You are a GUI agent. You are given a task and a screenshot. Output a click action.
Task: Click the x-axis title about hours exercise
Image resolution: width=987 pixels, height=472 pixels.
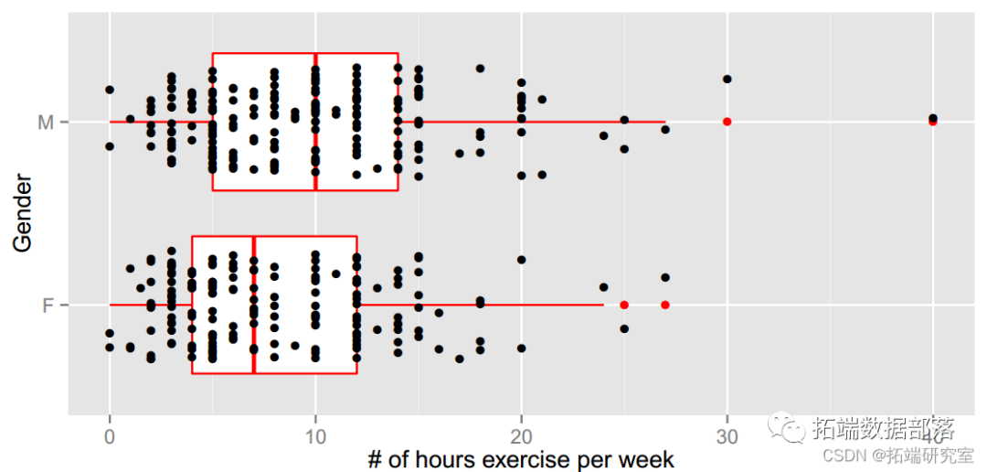(x=521, y=458)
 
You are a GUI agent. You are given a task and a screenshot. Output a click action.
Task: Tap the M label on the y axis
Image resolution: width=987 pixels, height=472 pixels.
(x=47, y=123)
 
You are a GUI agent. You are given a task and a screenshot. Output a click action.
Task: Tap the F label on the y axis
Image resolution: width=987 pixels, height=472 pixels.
(x=48, y=305)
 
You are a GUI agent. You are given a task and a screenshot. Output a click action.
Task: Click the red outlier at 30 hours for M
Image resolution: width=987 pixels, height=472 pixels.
(x=727, y=122)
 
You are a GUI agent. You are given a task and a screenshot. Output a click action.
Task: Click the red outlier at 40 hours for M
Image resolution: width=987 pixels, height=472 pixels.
(x=933, y=122)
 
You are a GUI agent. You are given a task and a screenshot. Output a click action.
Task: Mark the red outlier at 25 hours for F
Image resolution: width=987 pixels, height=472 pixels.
(x=624, y=305)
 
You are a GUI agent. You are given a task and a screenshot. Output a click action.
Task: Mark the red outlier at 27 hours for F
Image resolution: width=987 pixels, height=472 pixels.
(x=665, y=305)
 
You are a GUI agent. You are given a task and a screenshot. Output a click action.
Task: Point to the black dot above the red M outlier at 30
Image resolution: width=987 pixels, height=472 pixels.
(x=727, y=79)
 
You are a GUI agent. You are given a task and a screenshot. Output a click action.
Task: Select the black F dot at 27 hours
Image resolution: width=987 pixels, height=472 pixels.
(x=665, y=277)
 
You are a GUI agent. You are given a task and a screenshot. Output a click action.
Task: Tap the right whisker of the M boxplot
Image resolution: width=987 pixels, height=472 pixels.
(x=548, y=122)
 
